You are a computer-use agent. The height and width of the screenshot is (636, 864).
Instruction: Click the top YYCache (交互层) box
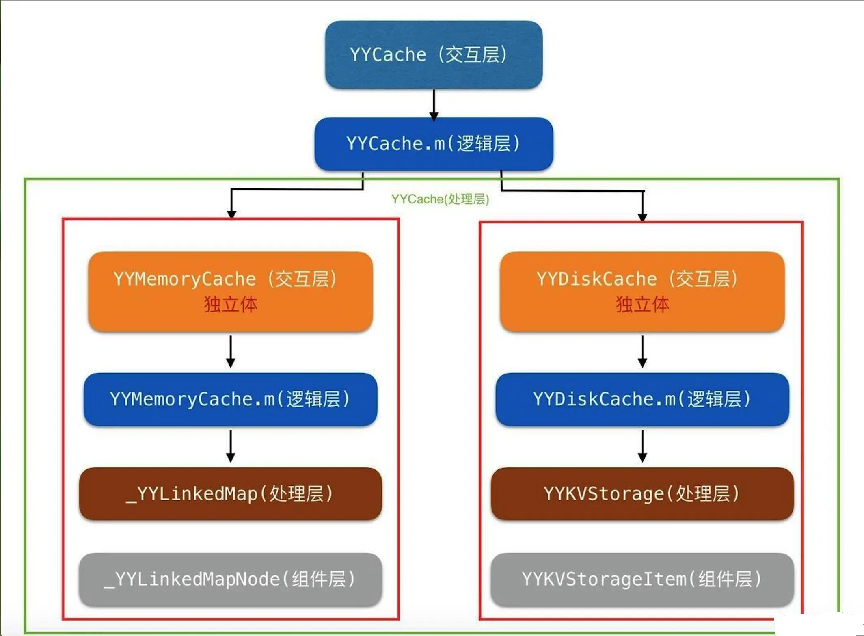point(434,55)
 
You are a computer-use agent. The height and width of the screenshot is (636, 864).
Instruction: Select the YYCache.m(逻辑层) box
point(434,144)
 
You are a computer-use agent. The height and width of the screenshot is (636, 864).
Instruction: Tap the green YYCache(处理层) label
point(440,199)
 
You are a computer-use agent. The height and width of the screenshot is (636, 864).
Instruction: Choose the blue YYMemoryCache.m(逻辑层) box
point(231,399)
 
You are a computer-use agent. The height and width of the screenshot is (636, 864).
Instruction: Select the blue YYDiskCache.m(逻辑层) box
point(642,399)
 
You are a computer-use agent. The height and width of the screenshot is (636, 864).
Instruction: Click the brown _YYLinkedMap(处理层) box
point(231,494)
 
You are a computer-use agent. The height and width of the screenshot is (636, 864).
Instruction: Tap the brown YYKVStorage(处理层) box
point(642,494)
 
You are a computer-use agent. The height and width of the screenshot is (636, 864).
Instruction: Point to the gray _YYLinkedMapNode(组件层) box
point(231,580)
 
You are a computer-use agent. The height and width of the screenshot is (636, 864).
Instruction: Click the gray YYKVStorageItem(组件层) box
point(642,580)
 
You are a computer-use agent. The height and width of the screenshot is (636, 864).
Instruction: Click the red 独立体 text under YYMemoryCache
point(231,305)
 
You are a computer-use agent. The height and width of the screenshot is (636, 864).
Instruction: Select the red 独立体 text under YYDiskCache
point(642,305)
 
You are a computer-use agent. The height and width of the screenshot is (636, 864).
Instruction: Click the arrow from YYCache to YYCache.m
point(434,104)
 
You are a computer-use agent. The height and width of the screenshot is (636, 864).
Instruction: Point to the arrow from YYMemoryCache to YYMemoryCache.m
point(231,351)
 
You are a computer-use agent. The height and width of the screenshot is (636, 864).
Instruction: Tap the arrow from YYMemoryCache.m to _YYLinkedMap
point(231,446)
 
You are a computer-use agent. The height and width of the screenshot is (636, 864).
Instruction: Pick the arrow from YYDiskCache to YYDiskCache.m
point(642,351)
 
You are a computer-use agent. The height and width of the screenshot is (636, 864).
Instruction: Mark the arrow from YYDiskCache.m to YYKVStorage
point(642,446)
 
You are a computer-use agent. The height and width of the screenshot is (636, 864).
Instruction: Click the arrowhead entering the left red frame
point(231,214)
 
